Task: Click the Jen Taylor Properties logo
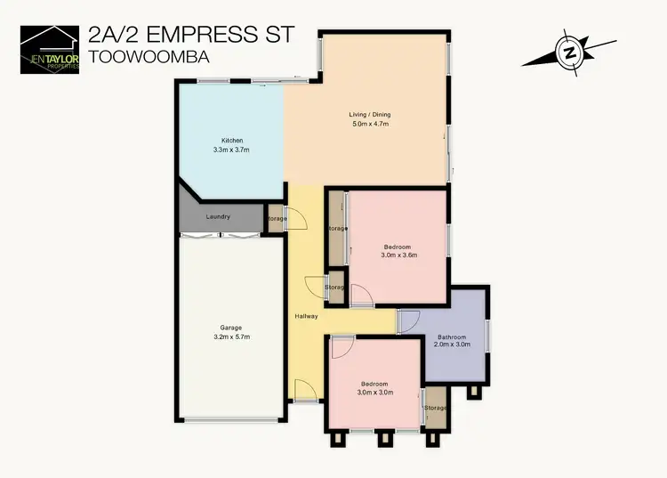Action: pos(50,48)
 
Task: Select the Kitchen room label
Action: pos(232,141)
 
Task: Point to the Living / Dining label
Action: pos(369,115)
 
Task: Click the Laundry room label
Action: pos(218,217)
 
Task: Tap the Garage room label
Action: pos(231,327)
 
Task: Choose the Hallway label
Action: pos(306,317)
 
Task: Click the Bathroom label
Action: pos(451,336)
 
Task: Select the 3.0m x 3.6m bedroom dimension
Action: pos(399,255)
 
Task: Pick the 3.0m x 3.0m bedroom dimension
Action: pos(374,393)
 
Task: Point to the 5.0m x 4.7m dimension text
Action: pos(370,125)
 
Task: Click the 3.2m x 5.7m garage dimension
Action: pos(231,336)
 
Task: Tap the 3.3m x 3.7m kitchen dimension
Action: pos(232,150)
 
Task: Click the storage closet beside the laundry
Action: pos(276,218)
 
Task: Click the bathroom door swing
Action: pos(408,321)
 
